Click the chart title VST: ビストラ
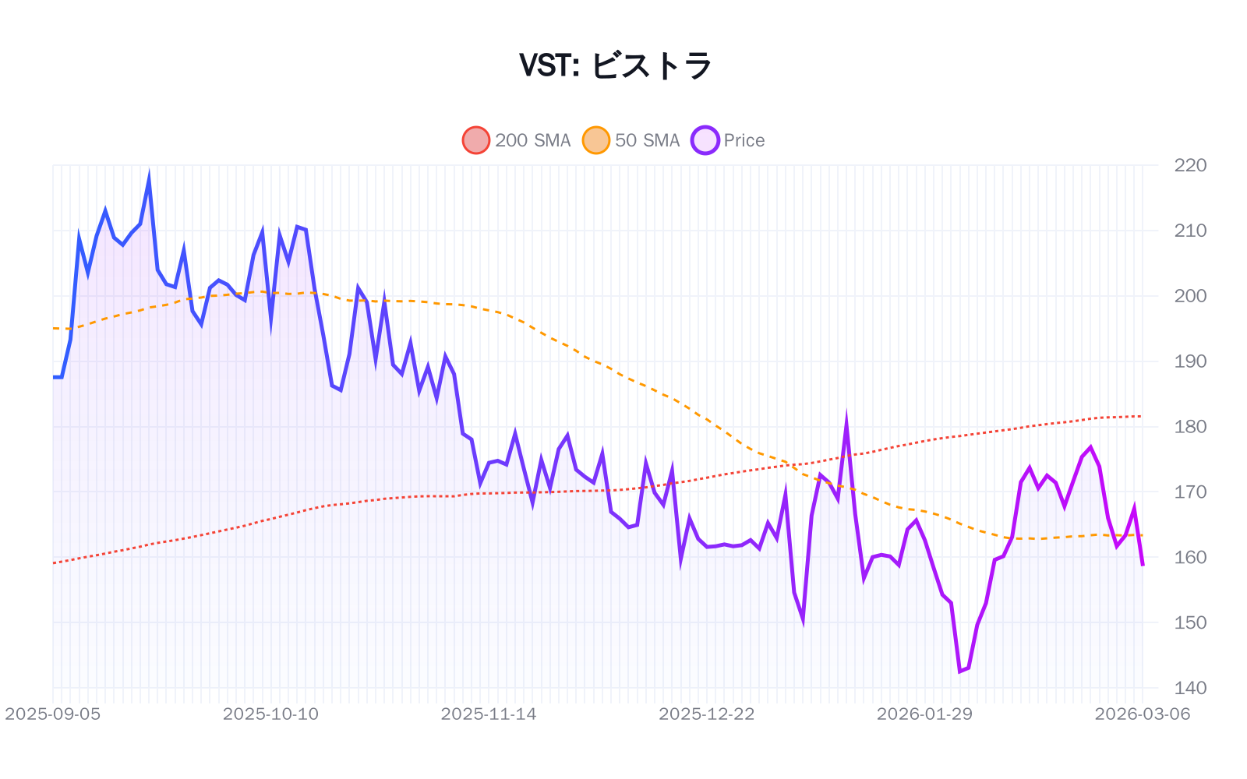coord(616,65)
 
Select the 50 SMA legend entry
coord(631,140)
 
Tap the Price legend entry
coord(729,140)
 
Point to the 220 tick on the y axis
coord(1190,165)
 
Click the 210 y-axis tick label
coord(1190,231)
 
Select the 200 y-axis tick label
coord(1190,296)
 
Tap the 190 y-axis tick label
coord(1190,361)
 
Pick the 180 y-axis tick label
coord(1190,427)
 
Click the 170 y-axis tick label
coord(1190,492)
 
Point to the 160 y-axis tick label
coord(1190,558)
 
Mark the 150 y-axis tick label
coord(1190,623)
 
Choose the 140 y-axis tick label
coord(1190,689)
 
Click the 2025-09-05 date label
coord(53,714)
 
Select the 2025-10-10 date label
coord(270,714)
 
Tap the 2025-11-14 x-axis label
coord(489,714)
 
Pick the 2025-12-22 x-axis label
coord(707,714)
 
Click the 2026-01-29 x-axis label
coord(924,714)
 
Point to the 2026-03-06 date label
coord(1142,714)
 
